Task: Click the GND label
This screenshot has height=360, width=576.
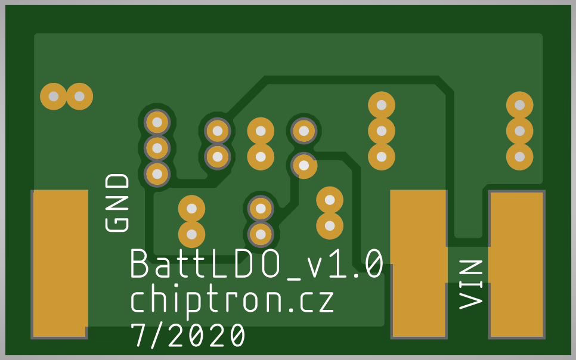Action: click(117, 203)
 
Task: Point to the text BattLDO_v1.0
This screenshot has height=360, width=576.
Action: click(256, 264)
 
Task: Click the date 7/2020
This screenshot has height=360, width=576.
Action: click(188, 336)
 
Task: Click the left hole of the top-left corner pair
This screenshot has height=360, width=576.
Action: click(54, 96)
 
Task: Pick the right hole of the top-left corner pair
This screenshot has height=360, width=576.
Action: click(79, 96)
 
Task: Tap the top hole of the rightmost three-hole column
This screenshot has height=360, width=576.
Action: click(519, 105)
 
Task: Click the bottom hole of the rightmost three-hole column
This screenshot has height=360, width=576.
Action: click(519, 157)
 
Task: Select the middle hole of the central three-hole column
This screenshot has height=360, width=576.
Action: click(382, 131)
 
